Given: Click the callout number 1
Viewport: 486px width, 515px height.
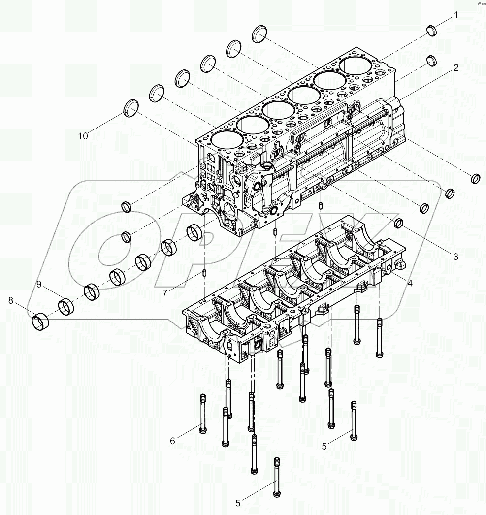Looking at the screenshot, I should click(455, 16).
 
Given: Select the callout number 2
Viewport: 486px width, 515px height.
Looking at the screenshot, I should click(456, 68).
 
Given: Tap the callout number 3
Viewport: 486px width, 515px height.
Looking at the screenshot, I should click(455, 256).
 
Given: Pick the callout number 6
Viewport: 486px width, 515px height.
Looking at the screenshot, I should click(172, 441).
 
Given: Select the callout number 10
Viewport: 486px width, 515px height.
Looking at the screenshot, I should click(83, 136).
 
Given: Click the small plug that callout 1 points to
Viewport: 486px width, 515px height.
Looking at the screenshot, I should click(432, 31).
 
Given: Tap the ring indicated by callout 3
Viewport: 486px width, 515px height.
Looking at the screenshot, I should click(399, 223).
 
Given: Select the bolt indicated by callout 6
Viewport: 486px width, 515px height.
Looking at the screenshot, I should click(203, 414).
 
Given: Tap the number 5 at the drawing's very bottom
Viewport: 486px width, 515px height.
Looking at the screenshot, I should click(238, 503).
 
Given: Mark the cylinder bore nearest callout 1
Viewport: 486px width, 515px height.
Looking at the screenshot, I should click(356, 64).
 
